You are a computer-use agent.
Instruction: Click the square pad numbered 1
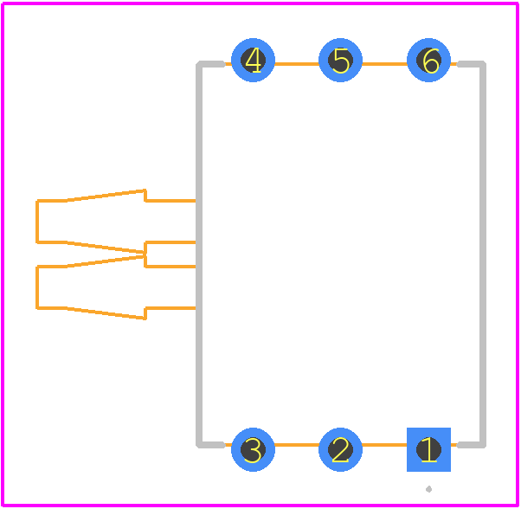point(428,449)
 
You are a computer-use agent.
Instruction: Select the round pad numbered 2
point(340,449)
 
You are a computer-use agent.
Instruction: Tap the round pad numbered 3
point(253,449)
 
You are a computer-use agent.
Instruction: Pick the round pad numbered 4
point(253,60)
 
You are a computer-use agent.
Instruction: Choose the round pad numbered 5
point(340,60)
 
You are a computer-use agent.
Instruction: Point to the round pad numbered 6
point(428,60)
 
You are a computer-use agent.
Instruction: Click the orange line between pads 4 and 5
point(297,64)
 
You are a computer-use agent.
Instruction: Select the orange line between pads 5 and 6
point(384,64)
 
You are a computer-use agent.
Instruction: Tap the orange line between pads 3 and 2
point(297,445)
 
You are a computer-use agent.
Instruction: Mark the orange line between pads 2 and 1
point(384,445)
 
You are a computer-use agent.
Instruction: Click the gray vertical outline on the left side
point(199,254)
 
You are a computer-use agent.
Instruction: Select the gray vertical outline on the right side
point(483,254)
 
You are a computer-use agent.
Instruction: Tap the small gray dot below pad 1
point(428,489)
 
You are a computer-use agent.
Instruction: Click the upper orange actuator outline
point(37,222)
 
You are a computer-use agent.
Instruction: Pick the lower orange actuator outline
point(37,287)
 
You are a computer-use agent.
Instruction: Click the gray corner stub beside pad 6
point(471,64)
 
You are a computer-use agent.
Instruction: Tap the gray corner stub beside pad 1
point(471,445)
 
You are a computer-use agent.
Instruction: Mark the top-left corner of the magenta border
point(3,3)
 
